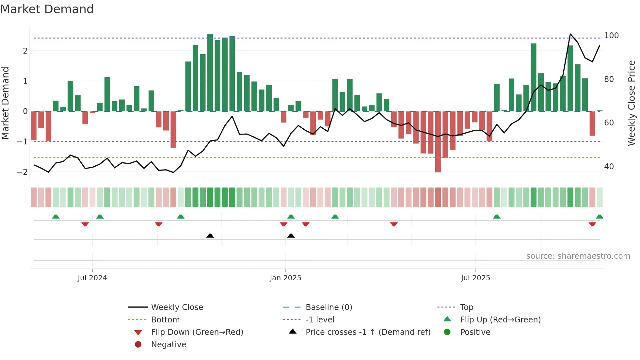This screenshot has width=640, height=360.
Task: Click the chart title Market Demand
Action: point(47,9)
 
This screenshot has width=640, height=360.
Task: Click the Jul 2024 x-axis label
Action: point(92,278)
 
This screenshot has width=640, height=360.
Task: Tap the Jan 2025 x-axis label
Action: point(285,278)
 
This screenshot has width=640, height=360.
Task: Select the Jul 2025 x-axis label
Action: point(475,278)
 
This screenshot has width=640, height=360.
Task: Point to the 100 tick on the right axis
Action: point(611,36)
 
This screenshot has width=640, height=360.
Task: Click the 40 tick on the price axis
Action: point(609,167)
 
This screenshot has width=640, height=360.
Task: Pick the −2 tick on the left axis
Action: point(22,172)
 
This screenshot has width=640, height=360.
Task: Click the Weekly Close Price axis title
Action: point(632,103)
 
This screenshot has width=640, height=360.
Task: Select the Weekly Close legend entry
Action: point(177,307)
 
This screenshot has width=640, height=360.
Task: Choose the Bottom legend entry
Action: point(165,320)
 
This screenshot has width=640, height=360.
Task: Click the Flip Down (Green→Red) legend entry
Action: point(197,332)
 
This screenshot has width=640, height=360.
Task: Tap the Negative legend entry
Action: point(168,345)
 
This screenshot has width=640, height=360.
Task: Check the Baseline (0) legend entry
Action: point(328,307)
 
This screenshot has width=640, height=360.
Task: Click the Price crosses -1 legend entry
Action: point(368,332)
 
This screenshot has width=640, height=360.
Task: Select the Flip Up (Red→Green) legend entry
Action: point(500,320)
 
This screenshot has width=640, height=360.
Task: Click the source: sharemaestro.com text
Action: point(578,256)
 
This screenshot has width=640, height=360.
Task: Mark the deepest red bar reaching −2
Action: point(438,142)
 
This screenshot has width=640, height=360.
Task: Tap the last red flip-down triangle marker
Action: point(592,224)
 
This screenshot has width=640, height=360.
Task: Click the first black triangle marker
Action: point(210,236)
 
